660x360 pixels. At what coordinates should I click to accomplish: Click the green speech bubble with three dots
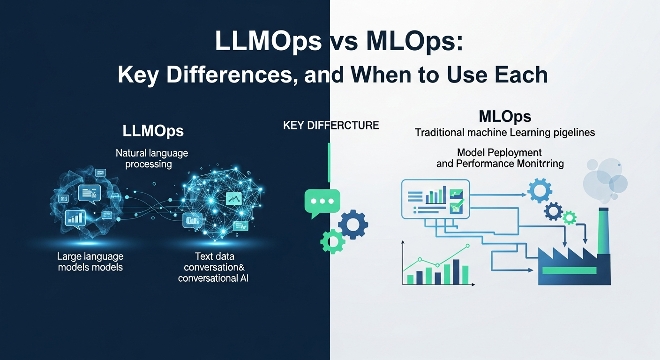point(322,202)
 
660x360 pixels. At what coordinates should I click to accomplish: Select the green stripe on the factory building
point(569,270)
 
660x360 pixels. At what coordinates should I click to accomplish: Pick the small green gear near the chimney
point(569,217)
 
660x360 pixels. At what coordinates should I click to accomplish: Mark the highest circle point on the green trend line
point(466,246)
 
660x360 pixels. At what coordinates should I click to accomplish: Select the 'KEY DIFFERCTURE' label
point(331,125)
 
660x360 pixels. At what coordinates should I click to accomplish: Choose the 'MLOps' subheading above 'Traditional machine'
point(505,117)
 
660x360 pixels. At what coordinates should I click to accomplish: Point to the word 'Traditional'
point(439,133)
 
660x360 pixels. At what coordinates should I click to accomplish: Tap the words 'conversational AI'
point(213,278)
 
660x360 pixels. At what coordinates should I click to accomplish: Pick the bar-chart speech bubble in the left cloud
point(75,217)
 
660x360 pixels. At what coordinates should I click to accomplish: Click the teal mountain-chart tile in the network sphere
point(232,198)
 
